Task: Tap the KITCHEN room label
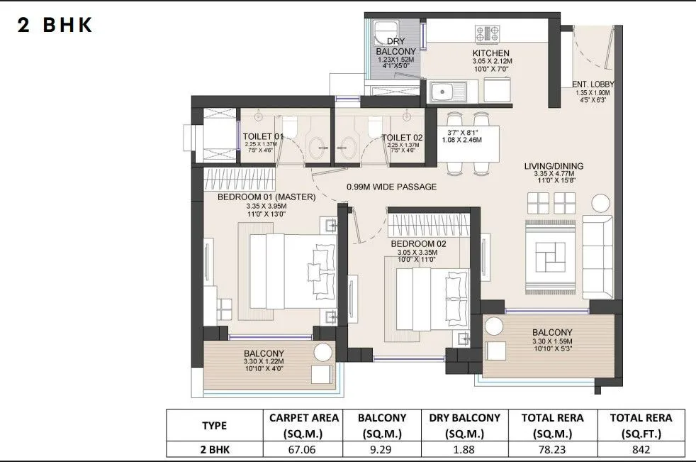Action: tap(491, 53)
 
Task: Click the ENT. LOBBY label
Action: tap(593, 84)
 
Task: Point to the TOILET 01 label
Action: tap(263, 136)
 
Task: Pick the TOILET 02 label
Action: tap(402, 137)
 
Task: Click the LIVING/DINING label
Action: tap(554, 166)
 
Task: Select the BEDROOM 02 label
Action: tap(419, 243)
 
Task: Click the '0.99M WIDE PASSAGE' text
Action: tap(391, 187)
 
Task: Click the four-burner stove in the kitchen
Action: tap(488, 33)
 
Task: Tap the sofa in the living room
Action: tap(597, 255)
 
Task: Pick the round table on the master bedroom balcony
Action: tap(323, 353)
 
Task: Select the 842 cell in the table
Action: tap(641, 449)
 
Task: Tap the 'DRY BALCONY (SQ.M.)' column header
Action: tap(465, 425)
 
